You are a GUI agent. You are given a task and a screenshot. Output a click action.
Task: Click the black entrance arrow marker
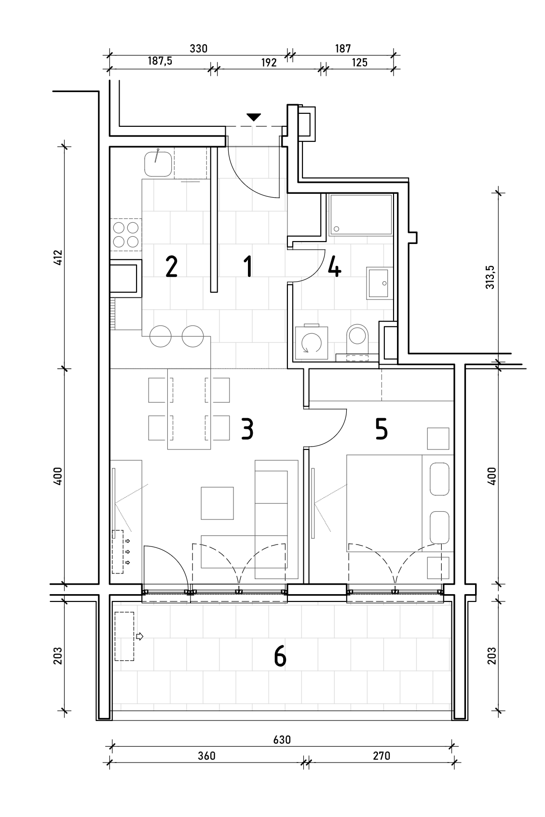coord(254,117)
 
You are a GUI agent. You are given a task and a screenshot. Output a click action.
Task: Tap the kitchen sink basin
coord(158,164)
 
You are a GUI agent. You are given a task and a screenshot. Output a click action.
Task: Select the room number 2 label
coord(171,266)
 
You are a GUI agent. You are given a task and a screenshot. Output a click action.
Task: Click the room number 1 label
coord(248,266)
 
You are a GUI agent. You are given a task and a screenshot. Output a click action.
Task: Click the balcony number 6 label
coord(280,656)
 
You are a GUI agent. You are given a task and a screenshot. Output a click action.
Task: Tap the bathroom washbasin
coord(380,283)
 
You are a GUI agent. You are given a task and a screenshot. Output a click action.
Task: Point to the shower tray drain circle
coord(336,229)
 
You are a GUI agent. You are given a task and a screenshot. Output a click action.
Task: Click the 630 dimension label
coord(282,740)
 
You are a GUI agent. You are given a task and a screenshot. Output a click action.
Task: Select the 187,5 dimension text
coord(160,61)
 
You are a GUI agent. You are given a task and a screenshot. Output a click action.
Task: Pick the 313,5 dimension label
coord(490,277)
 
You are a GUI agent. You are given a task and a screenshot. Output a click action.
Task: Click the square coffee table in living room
coord(217,503)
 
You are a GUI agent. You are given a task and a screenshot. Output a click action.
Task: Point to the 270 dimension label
coord(381,756)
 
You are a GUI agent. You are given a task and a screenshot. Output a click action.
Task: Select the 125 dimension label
coord(360,62)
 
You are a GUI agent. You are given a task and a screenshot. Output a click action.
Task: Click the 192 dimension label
coord(269,63)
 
